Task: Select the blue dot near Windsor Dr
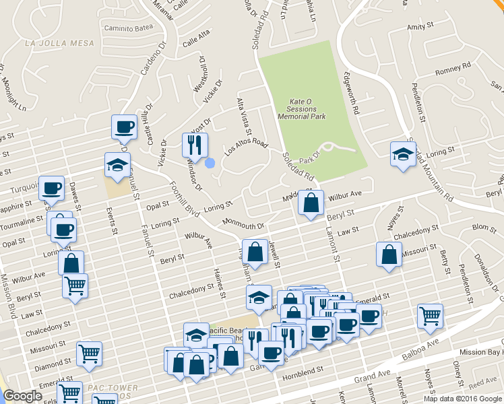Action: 210,162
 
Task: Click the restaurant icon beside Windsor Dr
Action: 195,145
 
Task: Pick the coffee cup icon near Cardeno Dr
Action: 125,127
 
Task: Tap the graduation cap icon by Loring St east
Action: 402,154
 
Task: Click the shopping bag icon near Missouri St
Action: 389,255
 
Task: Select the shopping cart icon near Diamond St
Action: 89,353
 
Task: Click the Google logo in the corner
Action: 22,396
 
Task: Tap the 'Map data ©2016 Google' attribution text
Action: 463,399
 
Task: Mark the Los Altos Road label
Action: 246,145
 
